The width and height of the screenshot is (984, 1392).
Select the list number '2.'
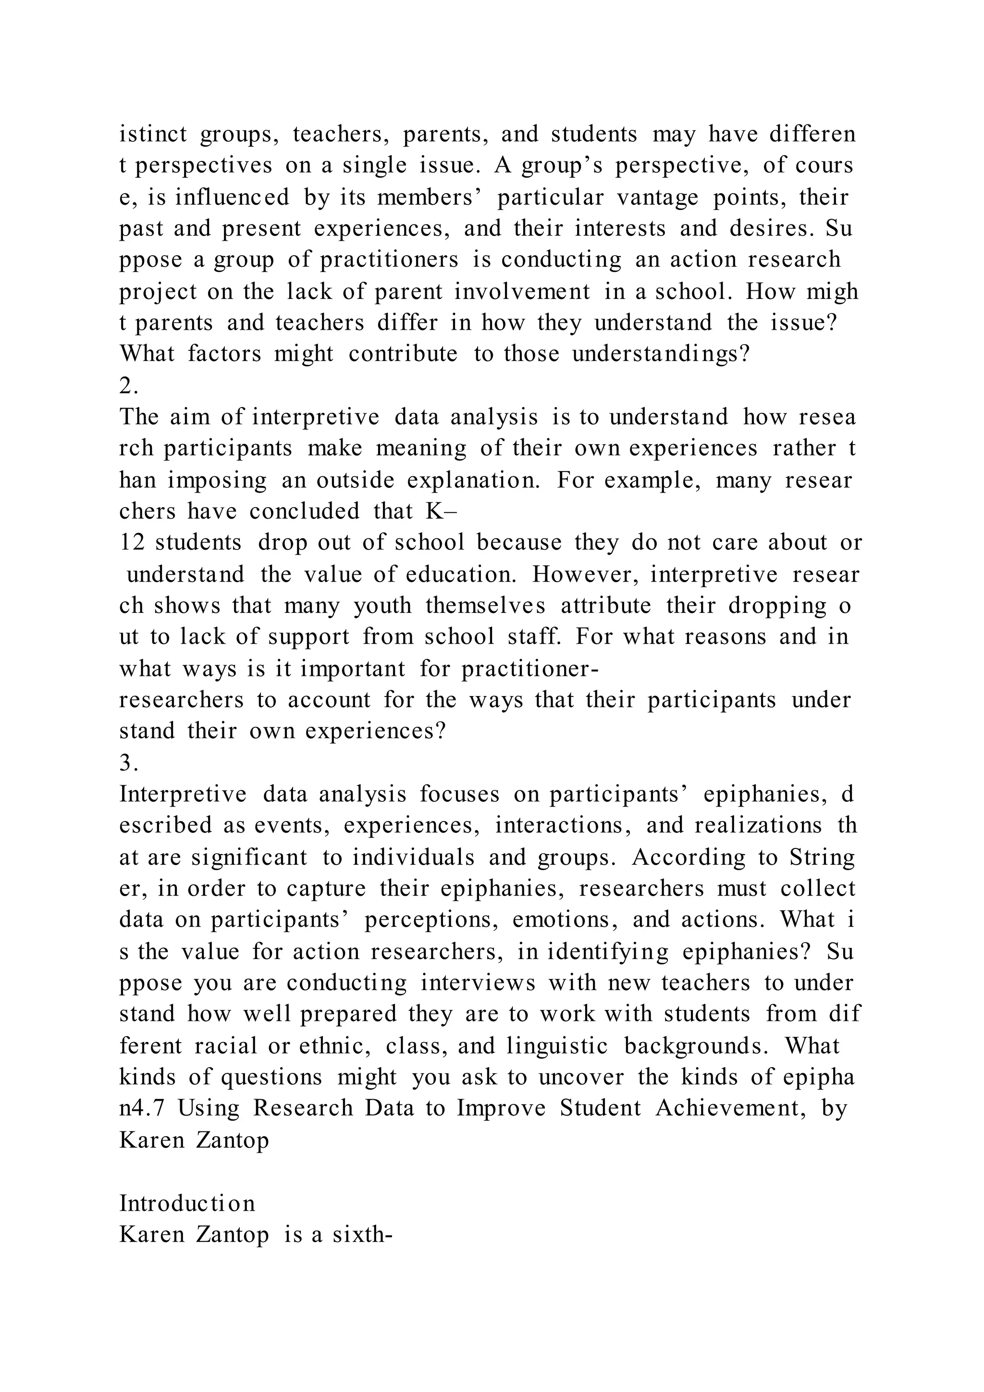tap(128, 385)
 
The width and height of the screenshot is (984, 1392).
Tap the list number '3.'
tap(128, 763)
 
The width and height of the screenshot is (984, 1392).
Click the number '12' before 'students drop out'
tap(132, 542)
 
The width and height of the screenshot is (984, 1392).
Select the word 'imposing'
tap(217, 480)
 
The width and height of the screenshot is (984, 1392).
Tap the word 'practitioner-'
tap(529, 669)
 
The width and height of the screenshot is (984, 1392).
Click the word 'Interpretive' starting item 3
tap(183, 794)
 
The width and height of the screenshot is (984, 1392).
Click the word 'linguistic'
tap(557, 1046)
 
